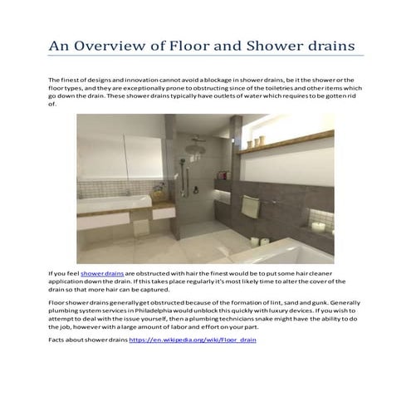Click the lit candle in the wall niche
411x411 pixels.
[x=317, y=224]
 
